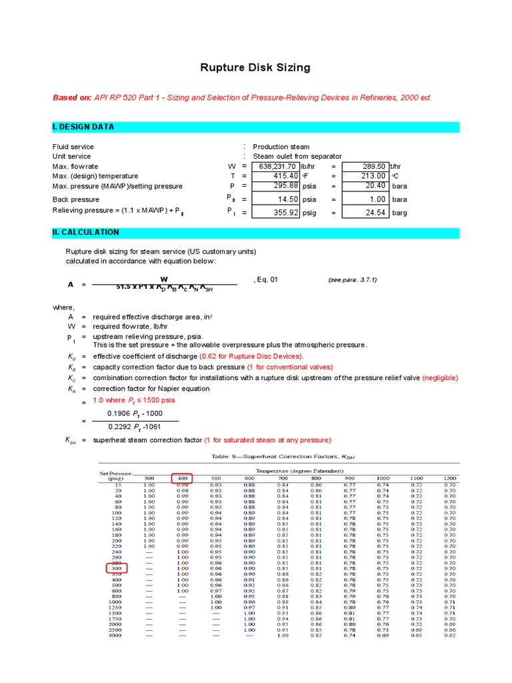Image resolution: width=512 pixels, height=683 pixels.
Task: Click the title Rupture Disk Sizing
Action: pos(256,68)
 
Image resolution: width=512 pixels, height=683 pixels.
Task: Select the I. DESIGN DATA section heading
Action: pos(83,127)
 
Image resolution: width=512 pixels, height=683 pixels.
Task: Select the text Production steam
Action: pos(281,147)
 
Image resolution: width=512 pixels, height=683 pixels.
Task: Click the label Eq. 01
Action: pos(266,280)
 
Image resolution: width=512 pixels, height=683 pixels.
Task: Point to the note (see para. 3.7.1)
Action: pos(352,280)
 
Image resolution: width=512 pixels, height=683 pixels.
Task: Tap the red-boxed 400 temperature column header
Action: pos(181,478)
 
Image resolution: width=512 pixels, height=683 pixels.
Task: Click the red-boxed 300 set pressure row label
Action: pos(117,568)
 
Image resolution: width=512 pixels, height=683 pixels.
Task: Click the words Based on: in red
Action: pos(72,97)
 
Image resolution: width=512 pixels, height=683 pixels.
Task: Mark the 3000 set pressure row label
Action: pos(117,636)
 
